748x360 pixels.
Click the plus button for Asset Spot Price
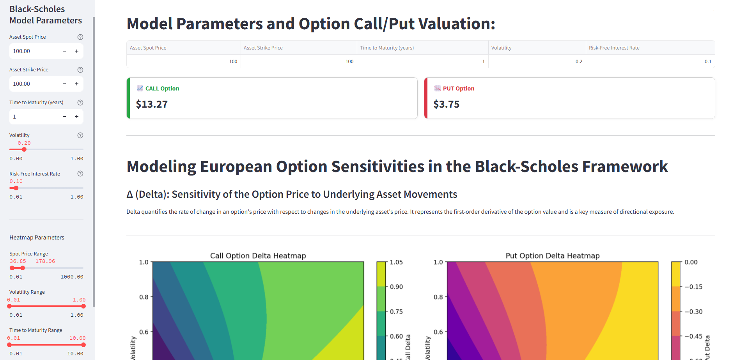[77, 51]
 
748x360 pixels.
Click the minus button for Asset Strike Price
[64, 84]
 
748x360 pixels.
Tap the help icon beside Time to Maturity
[80, 103]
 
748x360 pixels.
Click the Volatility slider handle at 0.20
[24, 149]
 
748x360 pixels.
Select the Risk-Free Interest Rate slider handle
[16, 188]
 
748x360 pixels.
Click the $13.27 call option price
[152, 104]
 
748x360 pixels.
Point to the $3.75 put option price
[446, 104]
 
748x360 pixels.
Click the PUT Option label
[458, 89]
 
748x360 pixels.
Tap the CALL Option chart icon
[140, 89]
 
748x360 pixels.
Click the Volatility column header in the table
[501, 48]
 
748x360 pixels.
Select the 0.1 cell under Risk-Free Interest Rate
[707, 62]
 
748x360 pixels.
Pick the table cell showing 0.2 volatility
[578, 62]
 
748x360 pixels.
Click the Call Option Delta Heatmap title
[258, 256]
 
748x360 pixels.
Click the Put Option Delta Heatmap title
[552, 256]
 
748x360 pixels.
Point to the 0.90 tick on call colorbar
[396, 287]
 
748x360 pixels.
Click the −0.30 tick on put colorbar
[693, 312]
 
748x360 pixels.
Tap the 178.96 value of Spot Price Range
[45, 261]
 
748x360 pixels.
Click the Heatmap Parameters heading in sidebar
[37, 238]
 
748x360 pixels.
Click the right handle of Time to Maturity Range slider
[83, 345]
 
